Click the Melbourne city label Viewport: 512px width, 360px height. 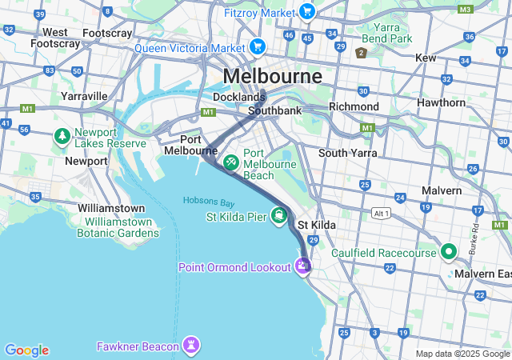click(x=273, y=76)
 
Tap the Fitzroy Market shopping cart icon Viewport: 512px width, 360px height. click(x=306, y=11)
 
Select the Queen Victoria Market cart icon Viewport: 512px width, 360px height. click(x=257, y=47)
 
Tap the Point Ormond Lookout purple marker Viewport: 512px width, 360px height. click(x=302, y=266)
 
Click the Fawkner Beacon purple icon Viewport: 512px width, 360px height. click(x=191, y=346)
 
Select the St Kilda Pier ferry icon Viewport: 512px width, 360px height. click(x=278, y=216)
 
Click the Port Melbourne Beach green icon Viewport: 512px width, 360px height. click(x=230, y=162)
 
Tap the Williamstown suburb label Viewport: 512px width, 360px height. click(x=111, y=208)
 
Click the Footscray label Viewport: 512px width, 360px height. click(x=108, y=33)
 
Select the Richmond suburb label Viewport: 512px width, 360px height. click(x=354, y=106)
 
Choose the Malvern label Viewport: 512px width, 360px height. click(x=442, y=190)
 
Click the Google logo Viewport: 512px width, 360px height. click(x=26, y=350)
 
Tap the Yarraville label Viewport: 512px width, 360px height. click(x=84, y=96)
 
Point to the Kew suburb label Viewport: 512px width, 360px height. click(x=426, y=58)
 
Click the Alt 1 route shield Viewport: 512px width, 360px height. click(x=382, y=214)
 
